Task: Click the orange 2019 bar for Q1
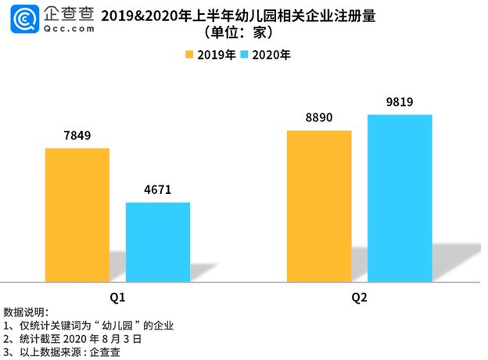[77, 214]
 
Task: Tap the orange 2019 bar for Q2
[319, 205]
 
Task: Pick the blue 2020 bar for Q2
[400, 197]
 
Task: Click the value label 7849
[77, 135]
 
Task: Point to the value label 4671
[158, 189]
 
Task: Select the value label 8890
[319, 117]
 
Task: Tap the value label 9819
[400, 102]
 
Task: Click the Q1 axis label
[117, 298]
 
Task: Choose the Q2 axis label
[359, 298]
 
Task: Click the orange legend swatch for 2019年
[189, 55]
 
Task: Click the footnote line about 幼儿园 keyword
[88, 326]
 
